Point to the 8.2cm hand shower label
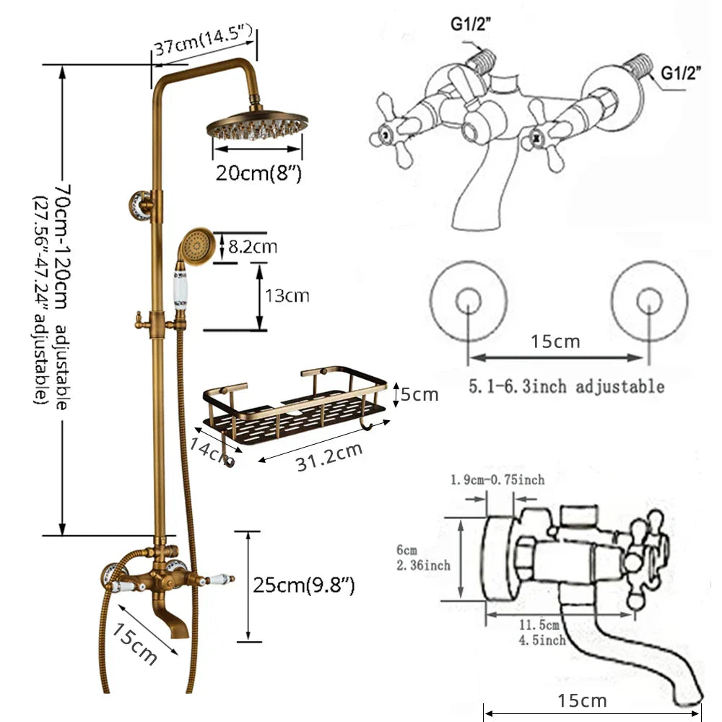pos(253,247)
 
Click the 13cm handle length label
pos(288,295)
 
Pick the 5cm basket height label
pos(420,395)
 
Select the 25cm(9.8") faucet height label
pos(304,584)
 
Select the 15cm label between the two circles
pos(554,341)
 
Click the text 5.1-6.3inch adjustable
pos(566,386)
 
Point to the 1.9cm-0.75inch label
pos(497,479)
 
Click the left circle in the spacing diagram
pos(468,302)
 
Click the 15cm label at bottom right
pos(583,700)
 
